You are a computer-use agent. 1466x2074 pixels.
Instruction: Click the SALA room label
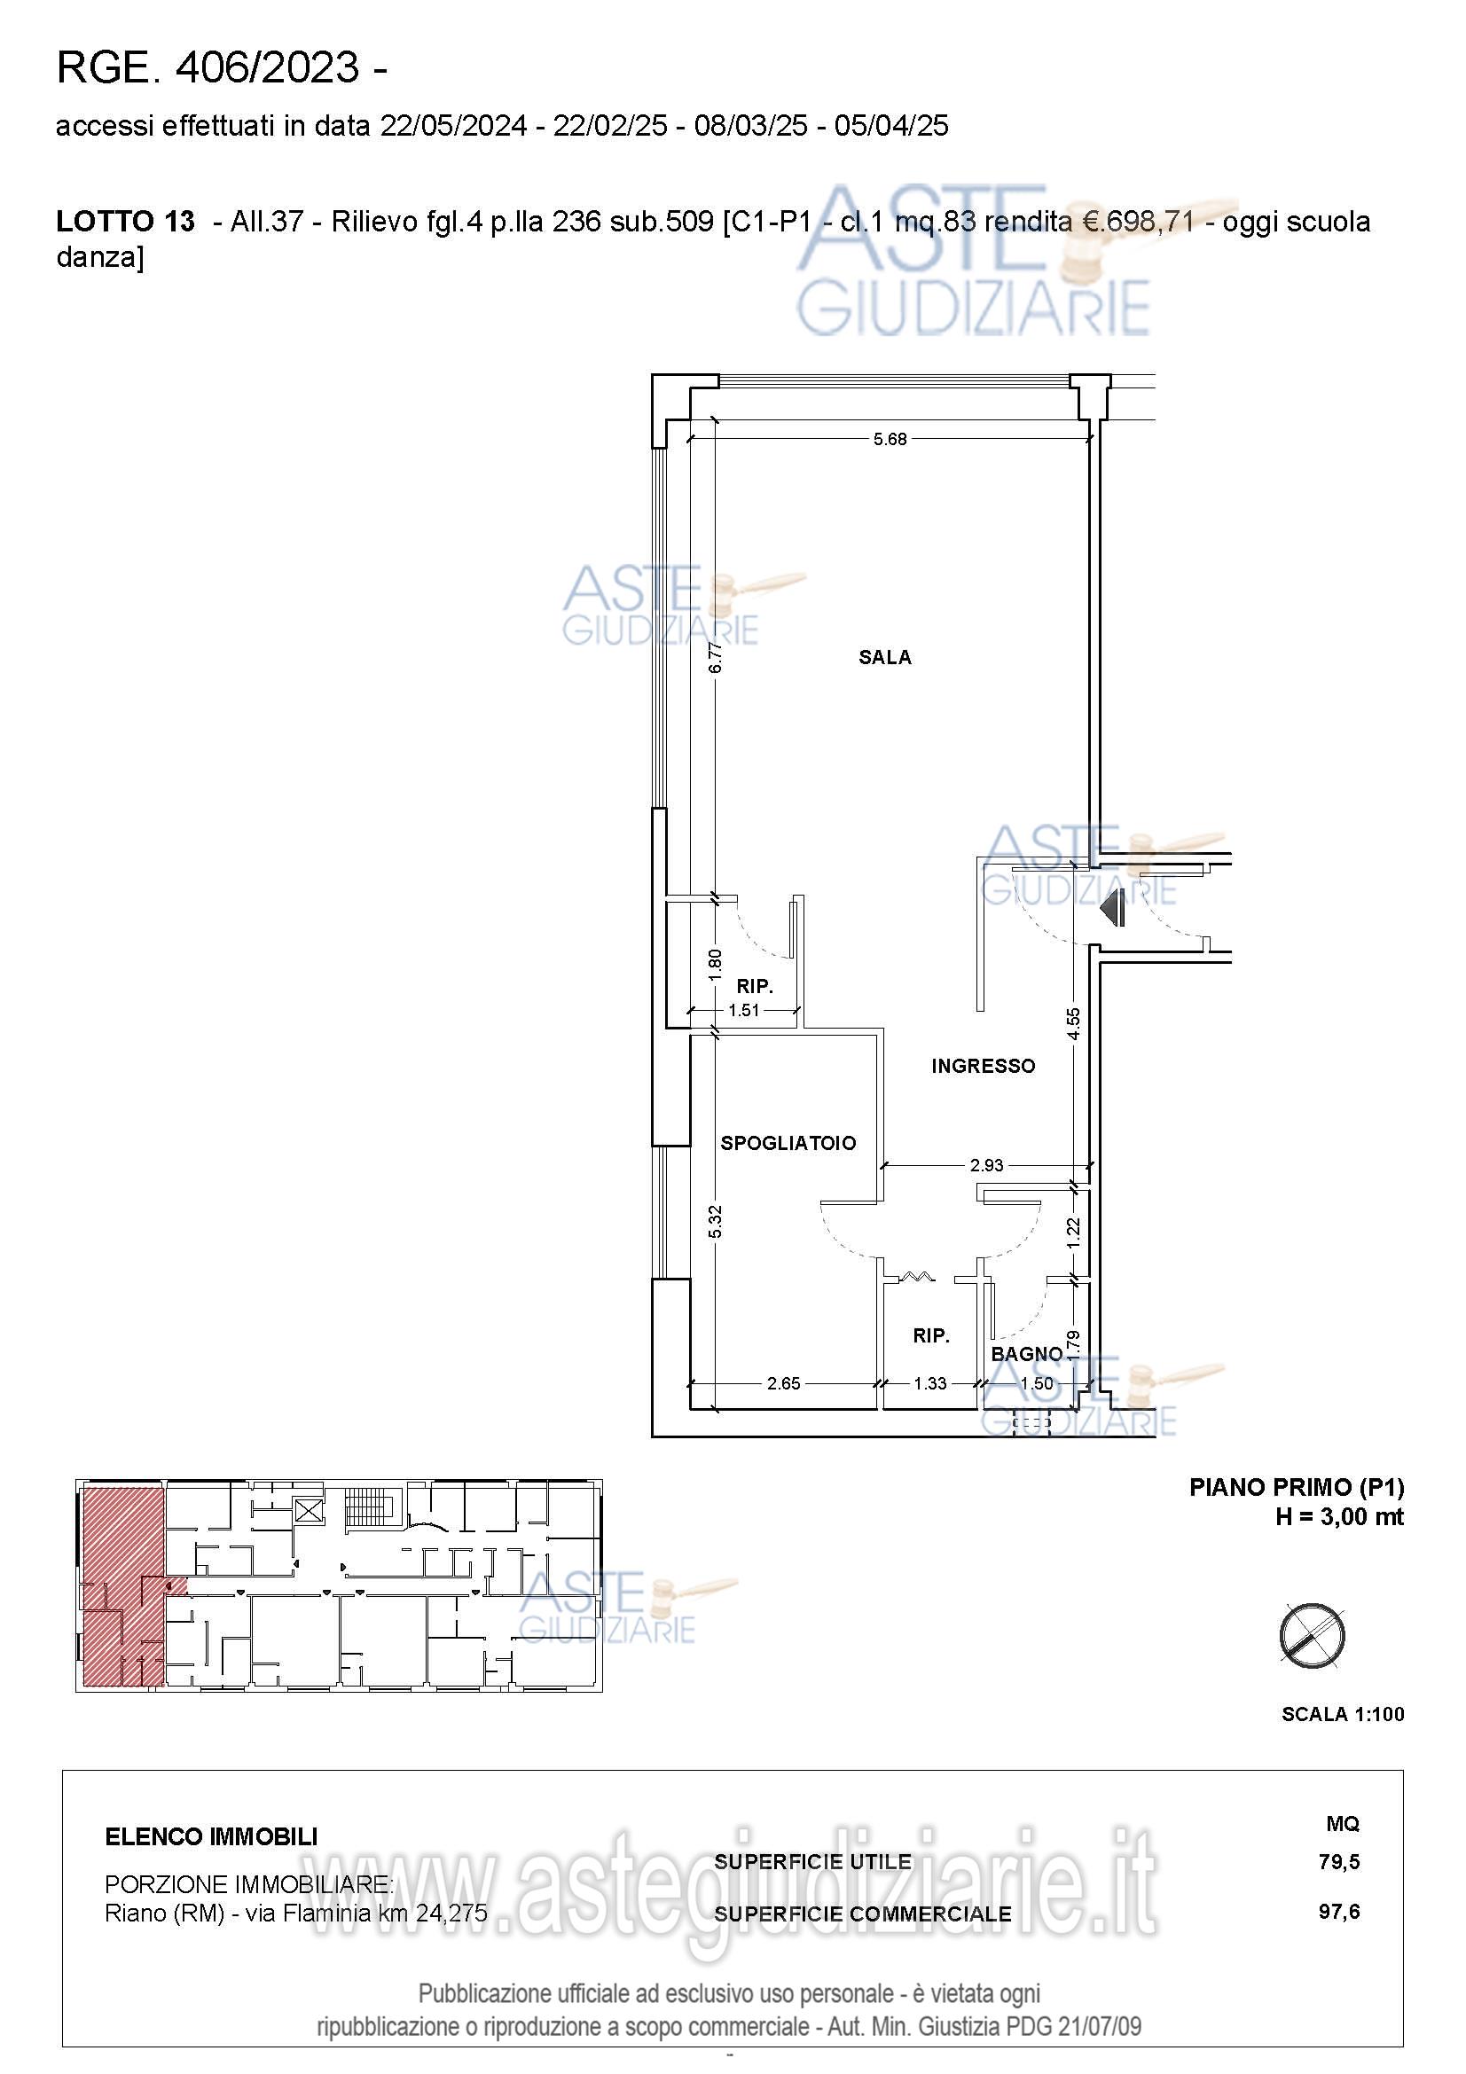click(884, 658)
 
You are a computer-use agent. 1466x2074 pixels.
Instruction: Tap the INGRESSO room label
click(983, 1066)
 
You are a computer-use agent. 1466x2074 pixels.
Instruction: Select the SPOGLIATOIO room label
click(788, 1143)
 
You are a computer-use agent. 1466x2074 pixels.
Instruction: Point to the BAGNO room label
click(1026, 1354)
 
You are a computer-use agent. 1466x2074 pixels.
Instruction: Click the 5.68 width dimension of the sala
click(890, 439)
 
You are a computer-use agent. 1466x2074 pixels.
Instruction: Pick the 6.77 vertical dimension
click(716, 658)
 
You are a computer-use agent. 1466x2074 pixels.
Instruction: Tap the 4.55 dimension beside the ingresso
click(1073, 1023)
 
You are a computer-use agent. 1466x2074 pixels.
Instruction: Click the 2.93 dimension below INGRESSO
click(986, 1165)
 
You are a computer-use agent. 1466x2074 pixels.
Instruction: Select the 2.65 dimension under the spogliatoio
click(783, 1383)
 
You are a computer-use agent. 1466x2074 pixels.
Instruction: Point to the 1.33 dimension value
click(929, 1383)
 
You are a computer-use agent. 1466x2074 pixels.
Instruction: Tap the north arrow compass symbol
click(1313, 1636)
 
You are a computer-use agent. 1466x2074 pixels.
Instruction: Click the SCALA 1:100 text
click(1342, 1715)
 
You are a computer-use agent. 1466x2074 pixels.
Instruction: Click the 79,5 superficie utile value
click(1338, 1862)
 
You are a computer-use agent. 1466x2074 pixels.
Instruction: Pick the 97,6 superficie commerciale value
click(1338, 1913)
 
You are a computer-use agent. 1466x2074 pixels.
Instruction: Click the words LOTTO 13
click(125, 222)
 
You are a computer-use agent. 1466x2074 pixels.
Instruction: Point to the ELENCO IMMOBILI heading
click(211, 1836)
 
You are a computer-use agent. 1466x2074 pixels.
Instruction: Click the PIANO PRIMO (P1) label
click(1297, 1488)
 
